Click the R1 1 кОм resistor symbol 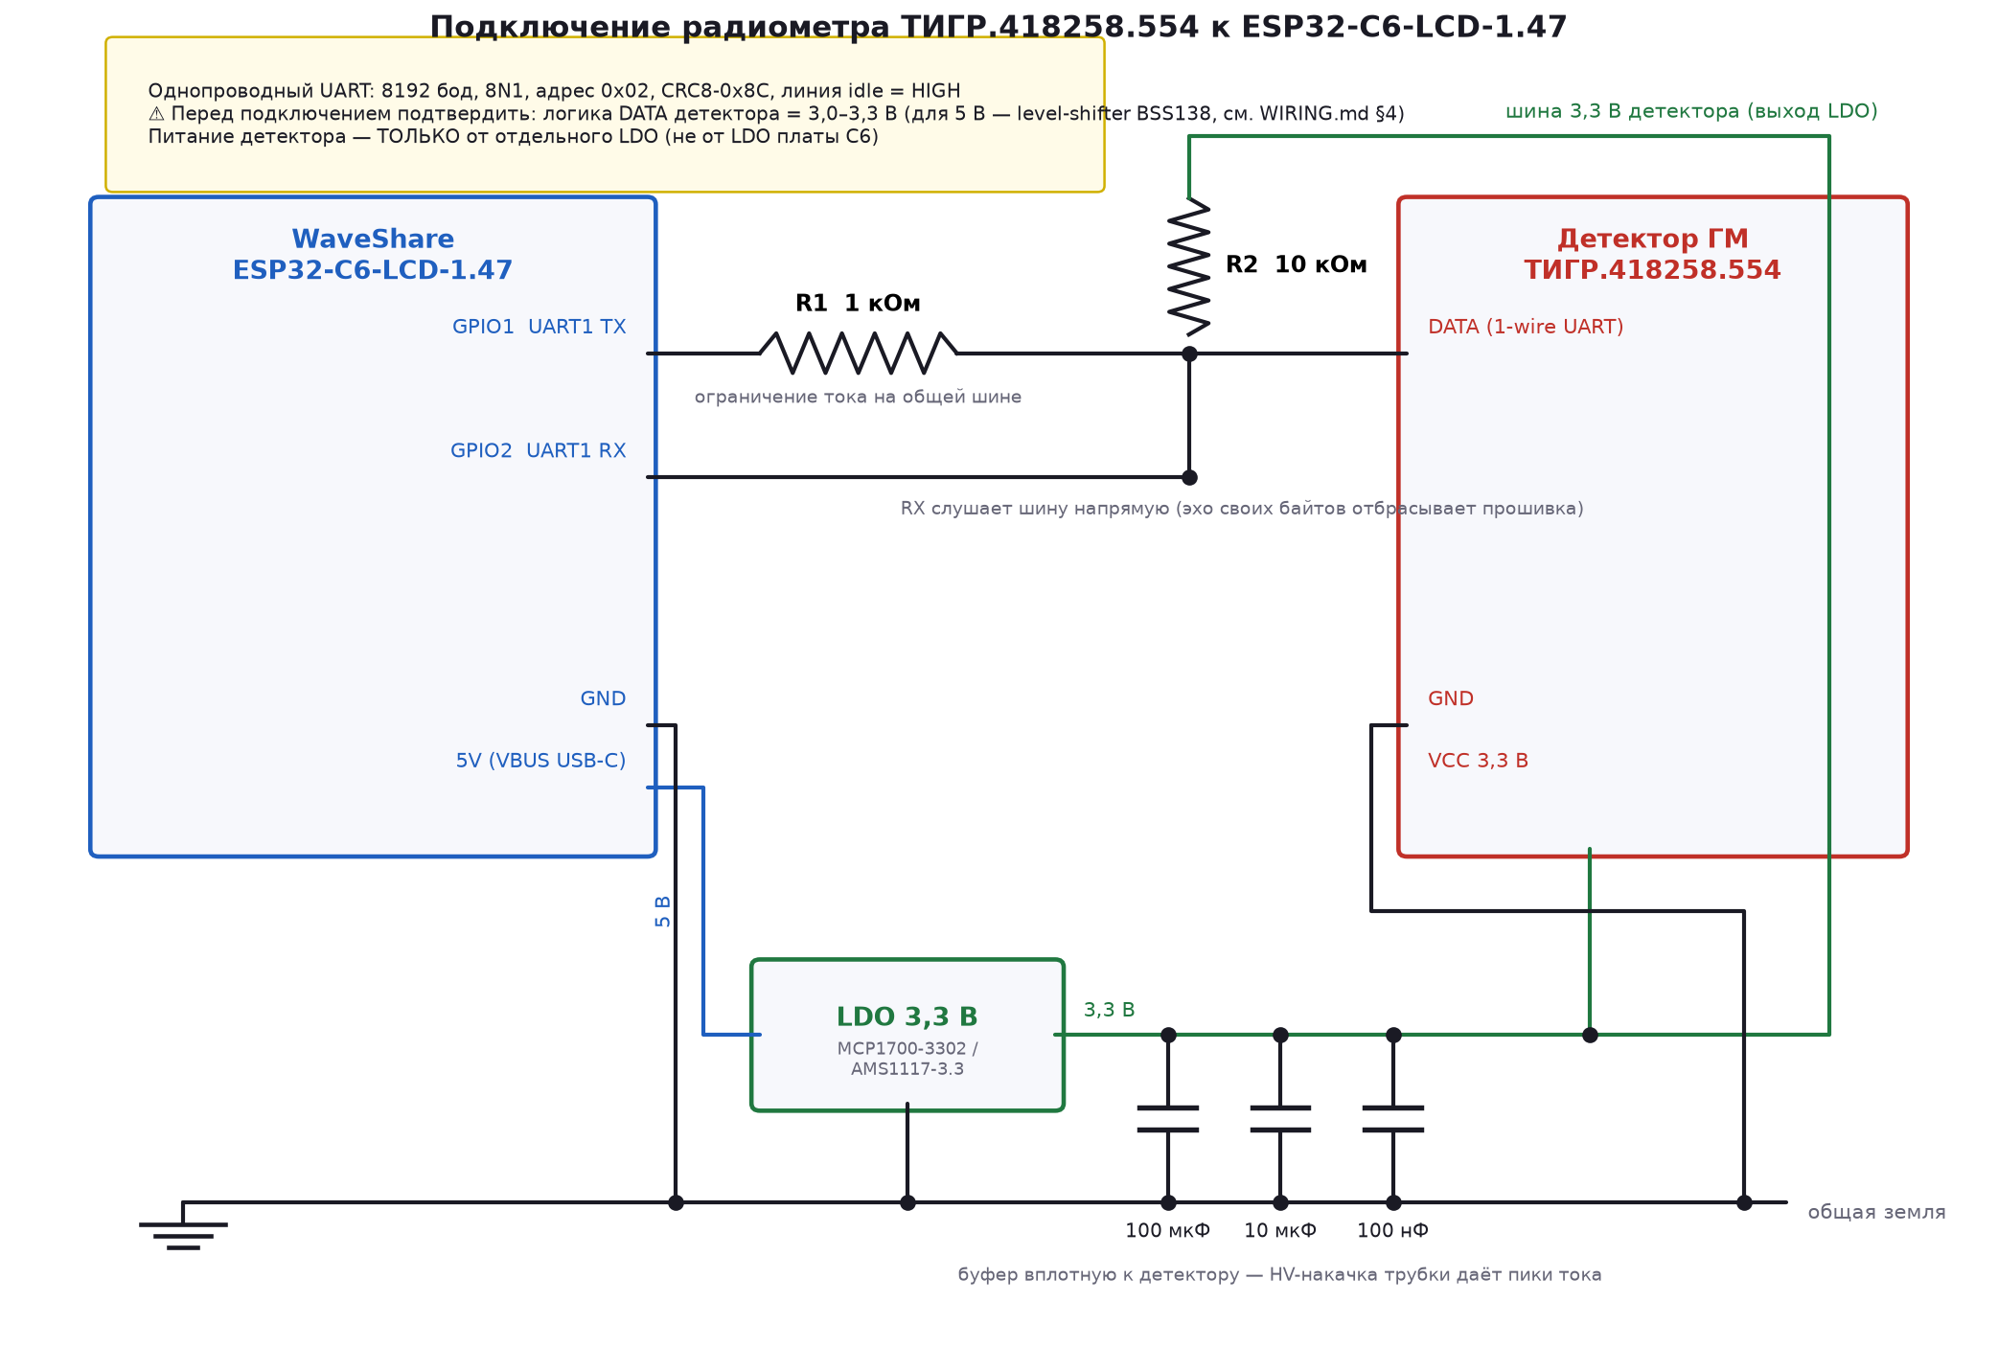point(858,353)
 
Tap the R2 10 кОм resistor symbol point(1189,266)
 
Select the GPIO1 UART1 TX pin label point(539,327)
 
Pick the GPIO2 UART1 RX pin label point(538,450)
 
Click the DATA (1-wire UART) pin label point(1526,327)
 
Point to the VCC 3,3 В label point(1478,761)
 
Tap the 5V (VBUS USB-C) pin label point(540,761)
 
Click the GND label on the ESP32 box point(603,698)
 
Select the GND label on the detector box point(1451,698)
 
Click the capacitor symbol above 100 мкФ point(1168,1119)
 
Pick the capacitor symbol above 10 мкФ point(1280,1119)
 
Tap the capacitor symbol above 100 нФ point(1393,1119)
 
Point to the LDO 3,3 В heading point(907,1017)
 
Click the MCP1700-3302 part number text point(902,1049)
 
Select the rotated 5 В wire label point(662,911)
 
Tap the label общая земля point(1876,1212)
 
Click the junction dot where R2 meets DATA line point(1189,354)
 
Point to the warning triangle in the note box point(156,114)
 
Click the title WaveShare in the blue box point(373,239)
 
